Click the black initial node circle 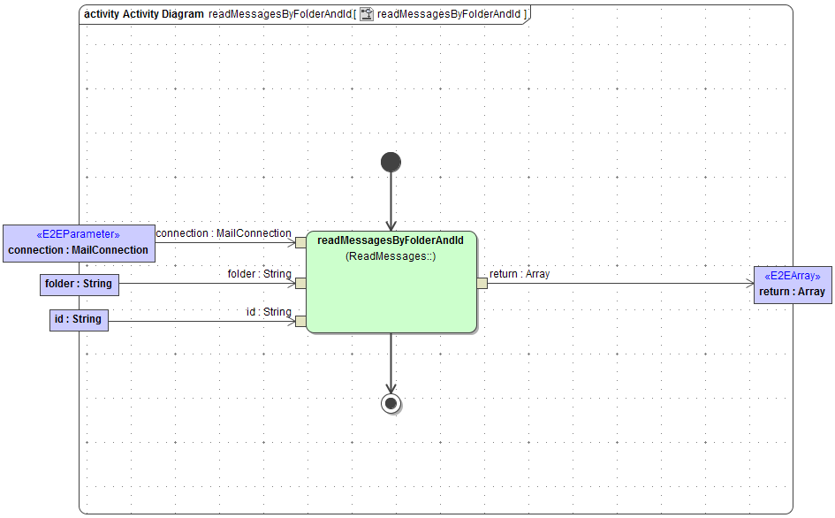coord(391,162)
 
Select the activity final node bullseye coord(391,403)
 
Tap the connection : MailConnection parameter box coord(78,243)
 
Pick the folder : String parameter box coord(78,284)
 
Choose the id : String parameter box coord(78,319)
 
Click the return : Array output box coord(792,285)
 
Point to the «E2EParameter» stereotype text coord(78,235)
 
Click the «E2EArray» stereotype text coord(792,276)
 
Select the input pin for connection coord(300,242)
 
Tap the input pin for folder coord(300,284)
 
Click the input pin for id coord(300,321)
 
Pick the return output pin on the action coord(482,283)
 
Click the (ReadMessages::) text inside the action coord(391,256)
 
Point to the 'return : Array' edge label coord(520,274)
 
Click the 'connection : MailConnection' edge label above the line coord(224,233)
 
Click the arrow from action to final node coord(391,362)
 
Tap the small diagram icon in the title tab coord(366,14)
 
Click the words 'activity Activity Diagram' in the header coord(143,14)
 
